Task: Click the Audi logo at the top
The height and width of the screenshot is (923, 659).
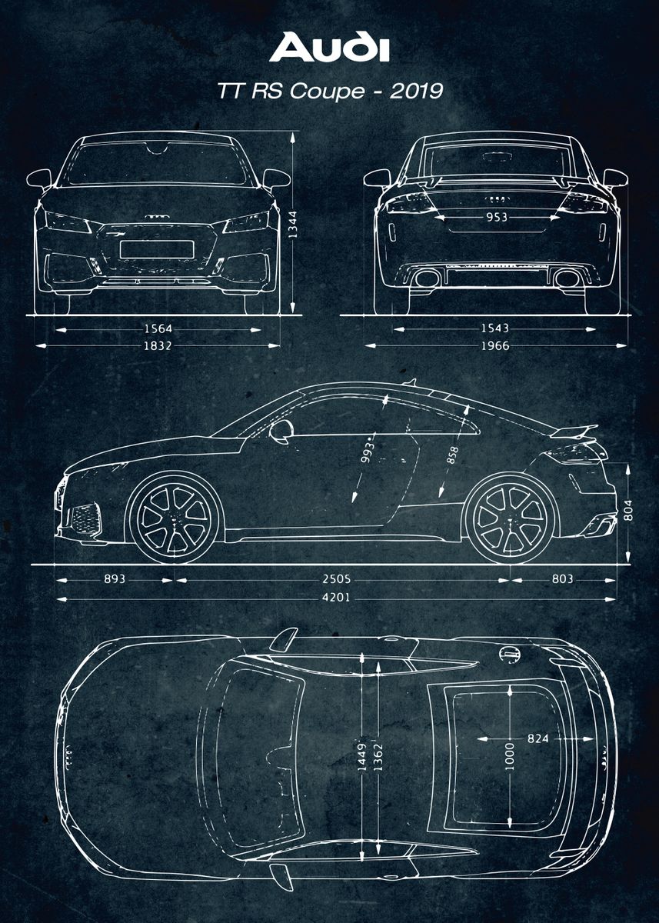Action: (x=328, y=47)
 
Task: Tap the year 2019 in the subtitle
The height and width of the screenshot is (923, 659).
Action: (x=416, y=91)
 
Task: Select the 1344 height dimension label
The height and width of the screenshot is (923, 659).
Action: (x=292, y=224)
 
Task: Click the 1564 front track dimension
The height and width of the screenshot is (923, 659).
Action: (x=158, y=328)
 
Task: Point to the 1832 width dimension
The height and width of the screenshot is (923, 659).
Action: (x=158, y=345)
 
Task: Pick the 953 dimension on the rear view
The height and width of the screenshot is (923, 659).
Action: (x=496, y=218)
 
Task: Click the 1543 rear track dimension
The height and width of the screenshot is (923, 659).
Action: (x=494, y=328)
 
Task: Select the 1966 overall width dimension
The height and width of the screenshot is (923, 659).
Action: (x=494, y=345)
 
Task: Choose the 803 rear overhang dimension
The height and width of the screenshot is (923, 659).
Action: (x=562, y=578)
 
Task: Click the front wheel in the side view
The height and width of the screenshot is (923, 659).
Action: (x=175, y=518)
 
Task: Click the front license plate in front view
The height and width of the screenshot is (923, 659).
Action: (x=156, y=249)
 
